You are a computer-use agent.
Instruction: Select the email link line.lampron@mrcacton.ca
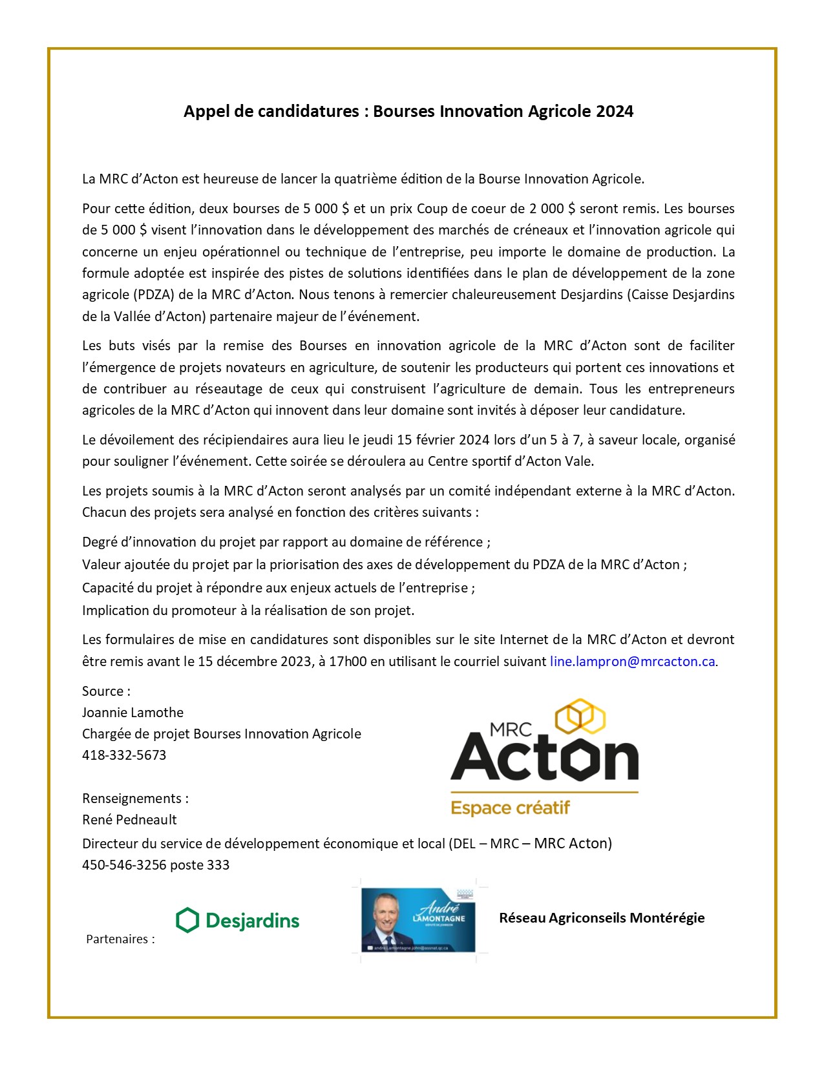(632, 662)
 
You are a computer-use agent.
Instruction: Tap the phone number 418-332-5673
(124, 755)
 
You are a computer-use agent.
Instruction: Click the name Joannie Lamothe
(132, 713)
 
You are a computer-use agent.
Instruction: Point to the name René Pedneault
(129, 820)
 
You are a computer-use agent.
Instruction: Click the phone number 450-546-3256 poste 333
(156, 865)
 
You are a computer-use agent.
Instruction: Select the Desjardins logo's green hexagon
(187, 920)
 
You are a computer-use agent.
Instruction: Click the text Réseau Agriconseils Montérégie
(602, 918)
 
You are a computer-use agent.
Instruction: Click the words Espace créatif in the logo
(510, 808)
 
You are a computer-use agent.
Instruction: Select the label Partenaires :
(120, 939)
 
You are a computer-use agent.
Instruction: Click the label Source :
(106, 691)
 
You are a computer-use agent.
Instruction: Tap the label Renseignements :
(135, 799)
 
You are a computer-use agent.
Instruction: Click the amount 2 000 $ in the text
(553, 209)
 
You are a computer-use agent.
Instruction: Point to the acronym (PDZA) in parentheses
(154, 295)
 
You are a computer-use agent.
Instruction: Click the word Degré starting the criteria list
(100, 542)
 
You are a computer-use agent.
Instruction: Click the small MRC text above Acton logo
(511, 729)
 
